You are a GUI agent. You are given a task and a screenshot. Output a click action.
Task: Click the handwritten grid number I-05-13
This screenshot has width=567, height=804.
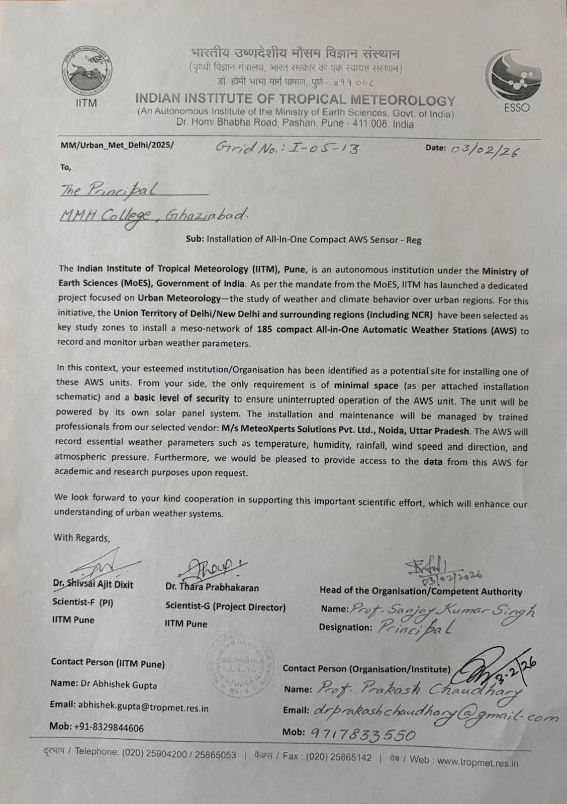pos(287,147)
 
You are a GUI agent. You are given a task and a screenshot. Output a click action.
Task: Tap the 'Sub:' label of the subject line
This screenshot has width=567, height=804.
pos(195,240)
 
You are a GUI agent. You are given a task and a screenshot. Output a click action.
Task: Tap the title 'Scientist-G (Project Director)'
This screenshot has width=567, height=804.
pos(225,607)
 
